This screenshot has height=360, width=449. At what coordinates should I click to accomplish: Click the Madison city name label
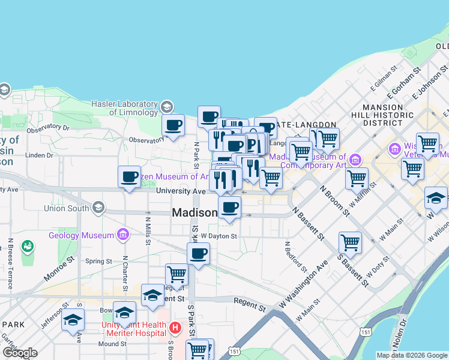194,213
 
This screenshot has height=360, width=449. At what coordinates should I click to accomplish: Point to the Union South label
66,209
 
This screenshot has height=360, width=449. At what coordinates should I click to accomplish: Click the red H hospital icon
175,328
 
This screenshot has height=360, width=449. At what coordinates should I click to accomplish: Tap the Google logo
20,353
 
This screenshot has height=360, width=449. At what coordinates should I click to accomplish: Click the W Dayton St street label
219,236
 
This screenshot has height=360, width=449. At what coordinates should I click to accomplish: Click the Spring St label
95,261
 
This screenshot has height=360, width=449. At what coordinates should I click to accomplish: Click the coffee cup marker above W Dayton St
198,253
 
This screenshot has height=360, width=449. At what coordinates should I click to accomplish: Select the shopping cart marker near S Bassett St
350,242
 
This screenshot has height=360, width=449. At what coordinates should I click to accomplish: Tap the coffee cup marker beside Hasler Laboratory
173,125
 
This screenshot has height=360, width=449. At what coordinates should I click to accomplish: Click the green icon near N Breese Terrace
27,246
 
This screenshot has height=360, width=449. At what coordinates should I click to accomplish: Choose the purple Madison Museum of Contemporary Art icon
355,159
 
